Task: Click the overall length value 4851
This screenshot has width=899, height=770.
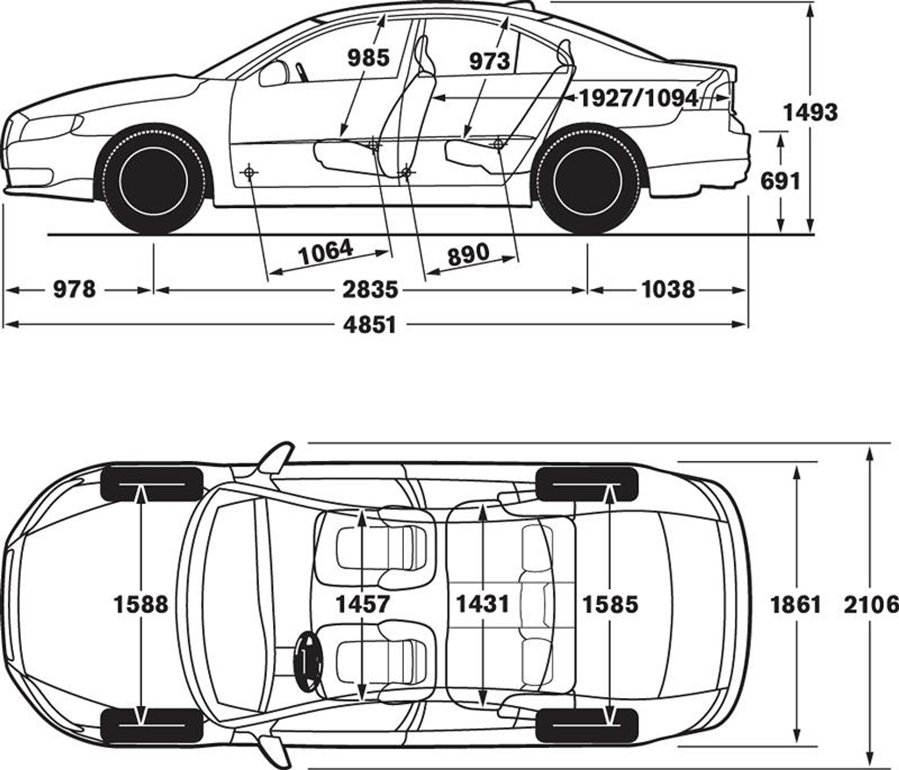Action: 370,325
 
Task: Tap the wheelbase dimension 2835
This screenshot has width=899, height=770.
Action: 370,290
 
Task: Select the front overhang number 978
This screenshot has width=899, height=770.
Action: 75,290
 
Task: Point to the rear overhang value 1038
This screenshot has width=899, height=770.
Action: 668,290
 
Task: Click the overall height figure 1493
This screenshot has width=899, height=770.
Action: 810,113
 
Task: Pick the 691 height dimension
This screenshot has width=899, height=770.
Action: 780,181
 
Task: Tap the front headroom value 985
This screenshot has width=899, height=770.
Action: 368,58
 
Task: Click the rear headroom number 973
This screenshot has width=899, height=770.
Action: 489,61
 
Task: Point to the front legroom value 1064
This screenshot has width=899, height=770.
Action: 326,253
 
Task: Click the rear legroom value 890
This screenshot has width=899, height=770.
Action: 468,254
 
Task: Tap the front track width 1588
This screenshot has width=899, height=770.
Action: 141,604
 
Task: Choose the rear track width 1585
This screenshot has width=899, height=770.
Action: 610,604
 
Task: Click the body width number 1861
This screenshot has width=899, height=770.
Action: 796,604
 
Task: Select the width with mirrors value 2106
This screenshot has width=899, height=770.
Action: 870,604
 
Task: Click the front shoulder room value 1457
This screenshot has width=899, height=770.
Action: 362,604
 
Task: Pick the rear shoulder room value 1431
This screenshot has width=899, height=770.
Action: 482,604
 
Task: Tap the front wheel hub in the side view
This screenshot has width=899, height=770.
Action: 153,180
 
